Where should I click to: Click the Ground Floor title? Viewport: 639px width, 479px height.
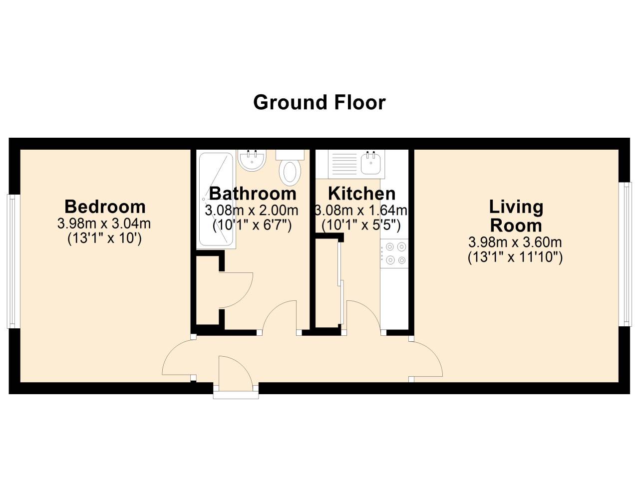coord(319,102)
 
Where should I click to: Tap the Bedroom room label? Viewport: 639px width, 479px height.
coord(105,206)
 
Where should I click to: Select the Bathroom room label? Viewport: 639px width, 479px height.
coord(253,193)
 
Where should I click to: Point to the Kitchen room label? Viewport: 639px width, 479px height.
coord(361,193)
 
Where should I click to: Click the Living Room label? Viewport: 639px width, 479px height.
coord(516,216)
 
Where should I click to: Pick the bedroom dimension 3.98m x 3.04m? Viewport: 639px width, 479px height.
coord(104,223)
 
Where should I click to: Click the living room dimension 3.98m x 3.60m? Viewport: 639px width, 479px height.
coord(515,242)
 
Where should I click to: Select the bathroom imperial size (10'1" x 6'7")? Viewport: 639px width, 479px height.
coord(252,226)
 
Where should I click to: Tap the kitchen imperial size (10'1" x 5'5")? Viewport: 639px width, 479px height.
coord(361,226)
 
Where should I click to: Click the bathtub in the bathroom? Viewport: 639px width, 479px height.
coord(216,200)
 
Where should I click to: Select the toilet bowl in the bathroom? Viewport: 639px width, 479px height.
coord(290,171)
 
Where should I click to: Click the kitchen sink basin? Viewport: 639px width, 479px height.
coord(370,163)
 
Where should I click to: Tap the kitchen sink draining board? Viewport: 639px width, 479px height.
coord(343,163)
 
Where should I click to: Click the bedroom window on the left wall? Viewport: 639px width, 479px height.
coord(13,261)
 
